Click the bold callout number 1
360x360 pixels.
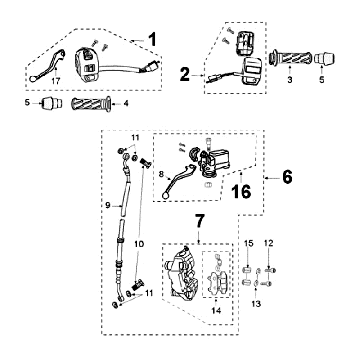151,40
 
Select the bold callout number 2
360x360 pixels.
184,74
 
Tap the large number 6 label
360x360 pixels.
287,177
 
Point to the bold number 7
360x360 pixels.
199,222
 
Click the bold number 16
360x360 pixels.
242,191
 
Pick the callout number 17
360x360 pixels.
56,81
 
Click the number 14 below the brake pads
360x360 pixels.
216,311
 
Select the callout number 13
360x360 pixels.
257,304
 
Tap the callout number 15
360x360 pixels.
249,243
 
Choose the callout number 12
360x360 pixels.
269,243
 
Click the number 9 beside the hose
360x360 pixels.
108,205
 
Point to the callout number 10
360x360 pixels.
139,244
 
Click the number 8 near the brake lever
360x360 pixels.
162,173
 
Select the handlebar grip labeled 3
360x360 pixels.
290,59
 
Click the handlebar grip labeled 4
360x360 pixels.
91,104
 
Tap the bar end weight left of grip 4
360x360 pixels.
51,103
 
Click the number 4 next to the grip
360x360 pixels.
126,103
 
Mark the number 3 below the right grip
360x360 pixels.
290,80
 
